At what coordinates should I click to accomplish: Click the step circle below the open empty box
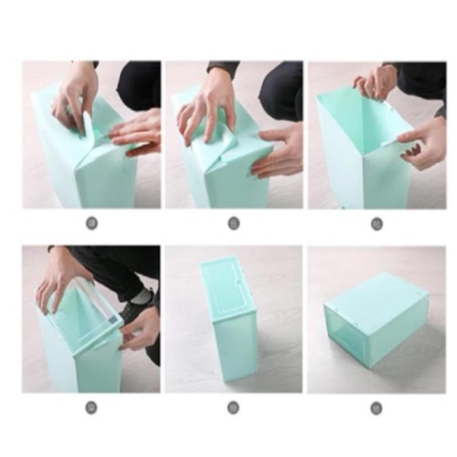pos(376,223)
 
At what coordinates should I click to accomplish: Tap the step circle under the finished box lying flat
pos(376,408)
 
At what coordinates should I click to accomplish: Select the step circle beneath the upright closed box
pos(234,408)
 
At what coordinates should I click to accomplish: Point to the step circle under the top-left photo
pos(91,223)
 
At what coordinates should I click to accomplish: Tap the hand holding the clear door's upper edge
pos(57,280)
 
